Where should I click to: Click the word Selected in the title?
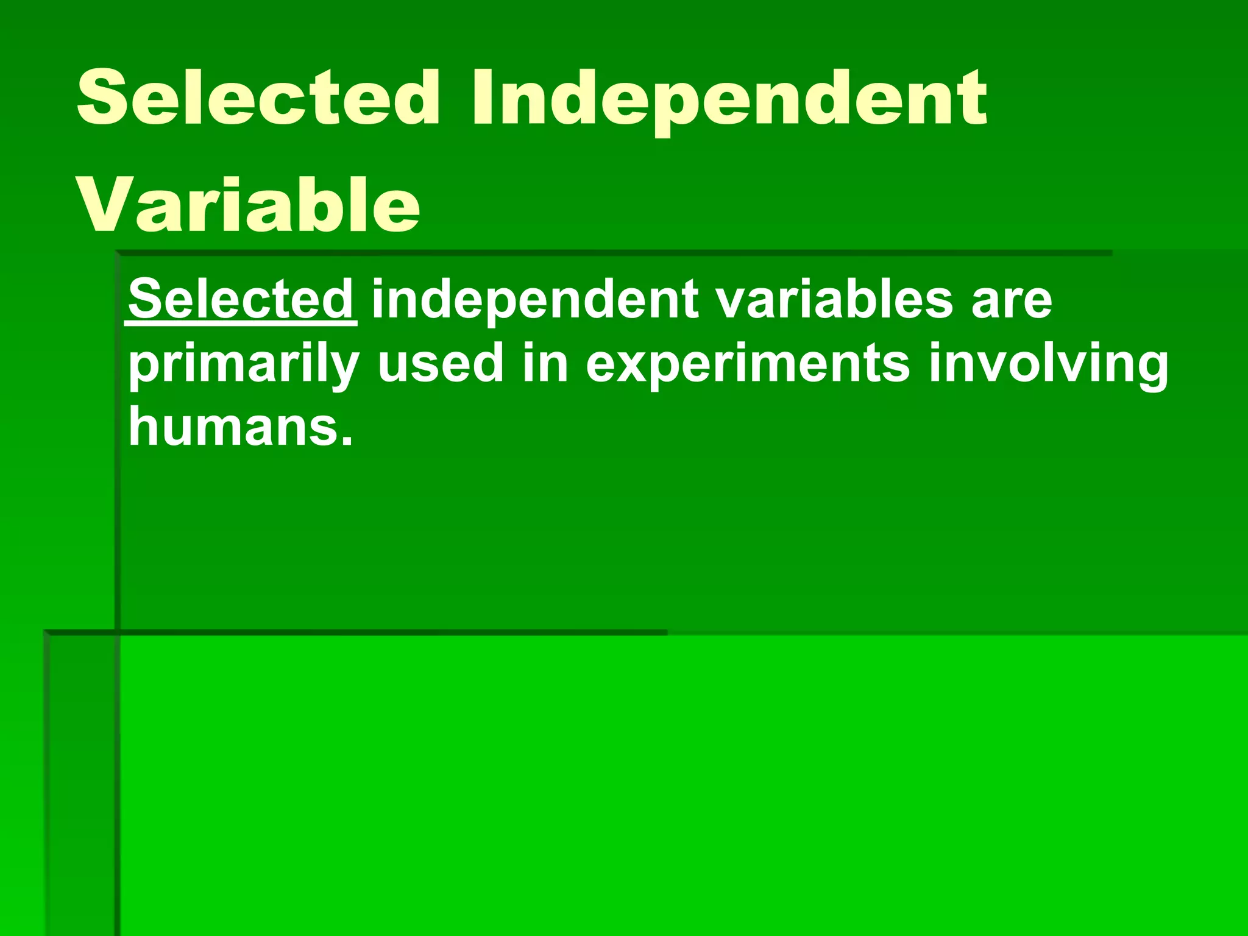[257, 97]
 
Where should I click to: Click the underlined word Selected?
[241, 299]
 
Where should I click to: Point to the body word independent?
[535, 299]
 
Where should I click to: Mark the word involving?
[1048, 366]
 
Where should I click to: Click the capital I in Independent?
[481, 97]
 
